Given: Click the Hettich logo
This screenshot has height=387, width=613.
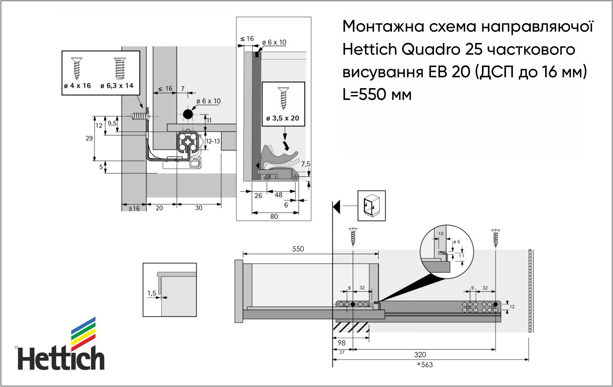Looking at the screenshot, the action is tap(61, 344).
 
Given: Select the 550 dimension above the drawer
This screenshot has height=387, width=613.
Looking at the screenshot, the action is tap(298, 249).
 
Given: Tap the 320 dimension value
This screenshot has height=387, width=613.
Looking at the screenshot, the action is tap(420, 355).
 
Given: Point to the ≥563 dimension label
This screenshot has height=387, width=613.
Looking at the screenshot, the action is tap(425, 364).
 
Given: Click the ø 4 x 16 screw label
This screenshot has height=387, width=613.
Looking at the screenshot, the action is tap(77, 85).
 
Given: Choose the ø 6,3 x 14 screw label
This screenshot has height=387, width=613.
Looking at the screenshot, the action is tap(117, 85).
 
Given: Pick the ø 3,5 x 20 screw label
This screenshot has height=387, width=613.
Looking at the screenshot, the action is tap(283, 118).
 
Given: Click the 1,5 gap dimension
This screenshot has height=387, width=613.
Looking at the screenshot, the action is tap(151, 293).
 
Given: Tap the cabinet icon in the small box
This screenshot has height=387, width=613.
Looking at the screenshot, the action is tap(372, 206).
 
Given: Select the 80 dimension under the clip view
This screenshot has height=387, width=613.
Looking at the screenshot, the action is tap(274, 217).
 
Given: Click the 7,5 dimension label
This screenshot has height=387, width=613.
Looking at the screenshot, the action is tap(306, 164).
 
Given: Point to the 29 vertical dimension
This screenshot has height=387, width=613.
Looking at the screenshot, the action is tap(89, 138).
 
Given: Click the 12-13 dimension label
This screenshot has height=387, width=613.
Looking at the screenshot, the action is tap(213, 141).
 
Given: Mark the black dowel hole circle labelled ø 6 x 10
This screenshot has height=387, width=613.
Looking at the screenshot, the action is tap(188, 114).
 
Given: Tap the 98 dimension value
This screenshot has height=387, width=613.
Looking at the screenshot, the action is tap(341, 343).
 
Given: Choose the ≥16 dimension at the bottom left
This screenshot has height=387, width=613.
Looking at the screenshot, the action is tap(134, 208).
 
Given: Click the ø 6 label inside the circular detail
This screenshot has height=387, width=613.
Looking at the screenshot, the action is tap(457, 242).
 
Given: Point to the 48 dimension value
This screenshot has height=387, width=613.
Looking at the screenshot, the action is tap(278, 195).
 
